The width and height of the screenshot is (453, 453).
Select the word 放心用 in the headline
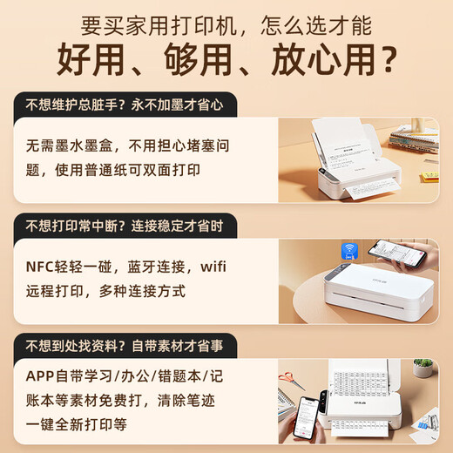pyautogui.click(x=322, y=59)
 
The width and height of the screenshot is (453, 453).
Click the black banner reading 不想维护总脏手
pyautogui.click(x=125, y=105)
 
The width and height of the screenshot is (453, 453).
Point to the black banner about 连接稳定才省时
pyautogui.click(x=125, y=226)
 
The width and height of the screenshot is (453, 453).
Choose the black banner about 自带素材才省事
pyautogui.click(x=125, y=346)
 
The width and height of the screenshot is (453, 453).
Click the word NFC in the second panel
pyautogui.click(x=40, y=267)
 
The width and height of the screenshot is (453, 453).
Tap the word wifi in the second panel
pyautogui.click(x=213, y=267)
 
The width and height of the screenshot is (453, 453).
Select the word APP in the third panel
pyautogui.click(x=40, y=376)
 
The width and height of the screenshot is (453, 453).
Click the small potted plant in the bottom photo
pyautogui.click(x=423, y=367)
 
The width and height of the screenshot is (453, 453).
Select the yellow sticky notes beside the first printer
pyautogui.click(x=429, y=177)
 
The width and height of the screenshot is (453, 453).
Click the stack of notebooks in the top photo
pyautogui.click(x=414, y=139)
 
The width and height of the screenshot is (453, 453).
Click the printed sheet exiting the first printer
pyautogui.click(x=372, y=188)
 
